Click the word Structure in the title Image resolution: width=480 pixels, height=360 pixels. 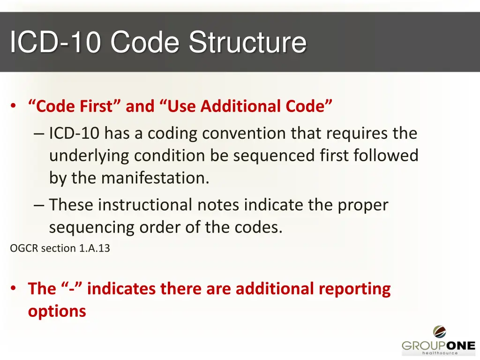(x=247, y=43)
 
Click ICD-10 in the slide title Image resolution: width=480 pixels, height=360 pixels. (x=55, y=43)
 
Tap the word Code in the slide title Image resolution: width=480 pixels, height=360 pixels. (x=144, y=43)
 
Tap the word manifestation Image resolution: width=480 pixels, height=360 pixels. (x=155, y=178)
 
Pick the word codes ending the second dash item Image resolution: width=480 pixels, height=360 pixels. (x=260, y=227)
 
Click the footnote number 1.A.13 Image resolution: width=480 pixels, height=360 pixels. (x=95, y=248)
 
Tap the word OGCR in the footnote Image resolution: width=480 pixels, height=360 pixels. (x=23, y=248)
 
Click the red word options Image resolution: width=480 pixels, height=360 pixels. (x=57, y=311)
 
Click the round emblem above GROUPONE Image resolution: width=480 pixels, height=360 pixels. (x=440, y=332)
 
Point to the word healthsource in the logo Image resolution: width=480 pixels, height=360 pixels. (x=440, y=353)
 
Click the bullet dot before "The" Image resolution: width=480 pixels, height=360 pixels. (x=15, y=288)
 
